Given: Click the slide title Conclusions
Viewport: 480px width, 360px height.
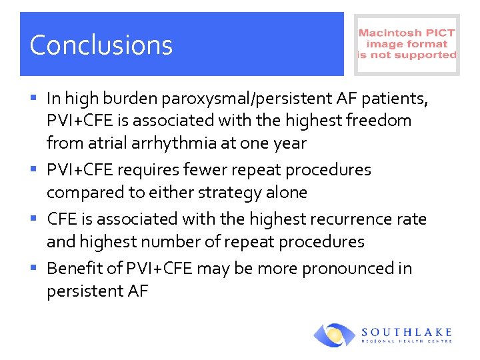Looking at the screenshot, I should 101,45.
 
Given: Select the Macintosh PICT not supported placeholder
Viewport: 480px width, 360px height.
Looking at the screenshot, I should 407,44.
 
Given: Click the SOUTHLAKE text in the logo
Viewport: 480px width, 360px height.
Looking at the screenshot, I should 407,331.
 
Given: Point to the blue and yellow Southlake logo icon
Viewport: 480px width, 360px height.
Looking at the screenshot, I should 335,335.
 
